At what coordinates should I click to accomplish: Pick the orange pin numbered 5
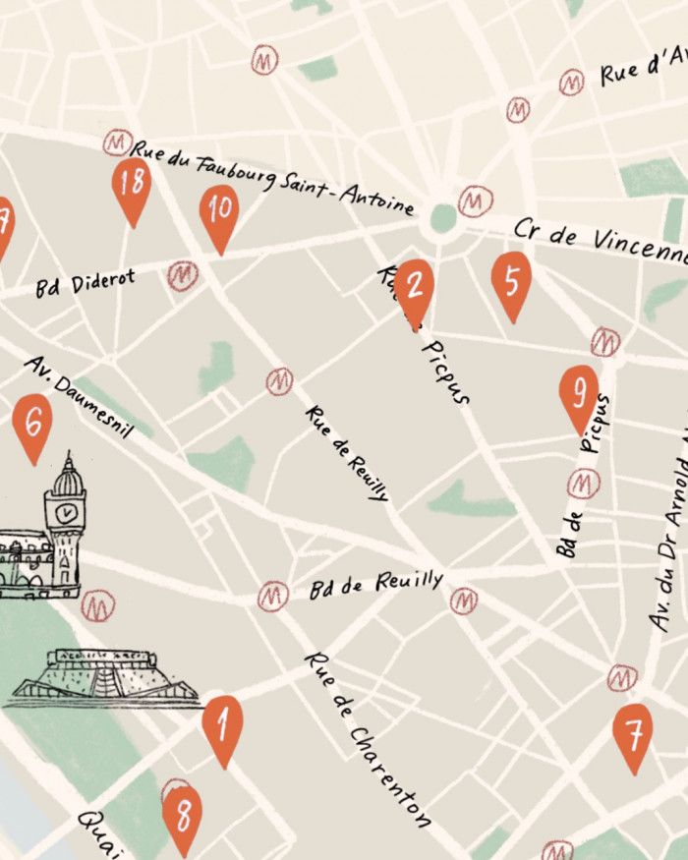pos(511,282)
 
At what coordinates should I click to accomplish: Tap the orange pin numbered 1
pos(223,727)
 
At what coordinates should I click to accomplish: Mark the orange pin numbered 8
pos(183,816)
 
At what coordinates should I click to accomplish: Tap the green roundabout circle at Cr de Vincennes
pos(443,217)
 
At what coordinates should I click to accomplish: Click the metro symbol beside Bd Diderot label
pos(182,276)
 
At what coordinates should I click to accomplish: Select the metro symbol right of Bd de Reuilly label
pos(463,601)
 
